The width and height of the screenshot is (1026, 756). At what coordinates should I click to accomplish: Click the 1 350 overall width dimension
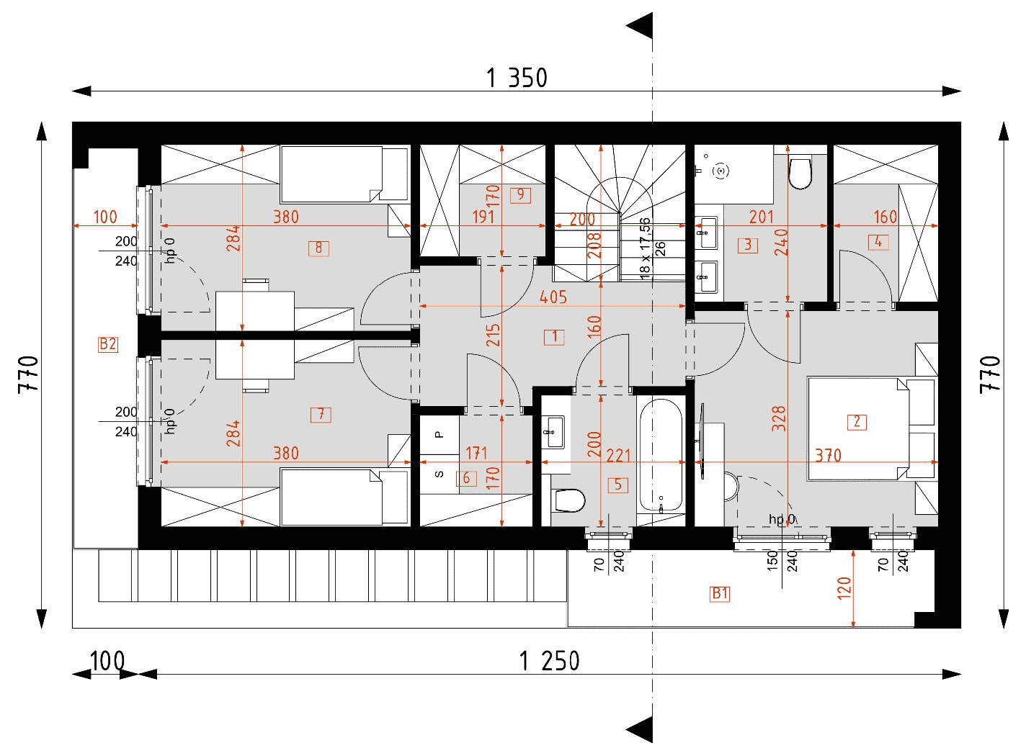(516, 78)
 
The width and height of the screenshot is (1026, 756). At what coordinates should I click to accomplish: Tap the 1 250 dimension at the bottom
(549, 661)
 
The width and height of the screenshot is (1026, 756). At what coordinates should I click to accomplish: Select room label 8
(318, 248)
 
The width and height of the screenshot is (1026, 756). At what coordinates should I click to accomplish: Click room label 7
(321, 415)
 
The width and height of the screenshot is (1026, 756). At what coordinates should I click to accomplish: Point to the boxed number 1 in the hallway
(554, 337)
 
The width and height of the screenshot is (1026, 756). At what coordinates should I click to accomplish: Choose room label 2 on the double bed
(857, 421)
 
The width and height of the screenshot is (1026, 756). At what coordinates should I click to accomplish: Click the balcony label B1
(720, 593)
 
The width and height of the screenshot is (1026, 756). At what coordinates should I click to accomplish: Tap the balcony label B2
(108, 344)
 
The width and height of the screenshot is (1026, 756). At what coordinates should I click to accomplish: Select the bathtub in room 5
(661, 455)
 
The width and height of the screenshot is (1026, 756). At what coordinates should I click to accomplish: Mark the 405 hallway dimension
(553, 297)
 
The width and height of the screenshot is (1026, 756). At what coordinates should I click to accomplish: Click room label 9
(520, 195)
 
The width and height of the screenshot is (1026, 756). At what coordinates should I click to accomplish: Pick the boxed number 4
(878, 242)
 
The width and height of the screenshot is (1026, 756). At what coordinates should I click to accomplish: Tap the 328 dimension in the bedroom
(779, 418)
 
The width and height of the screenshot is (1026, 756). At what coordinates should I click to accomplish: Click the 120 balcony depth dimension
(844, 588)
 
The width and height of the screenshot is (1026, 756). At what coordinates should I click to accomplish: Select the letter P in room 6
(439, 434)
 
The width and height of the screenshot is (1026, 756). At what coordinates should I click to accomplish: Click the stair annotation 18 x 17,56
(644, 248)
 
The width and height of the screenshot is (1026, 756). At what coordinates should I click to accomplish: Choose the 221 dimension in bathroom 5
(618, 456)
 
